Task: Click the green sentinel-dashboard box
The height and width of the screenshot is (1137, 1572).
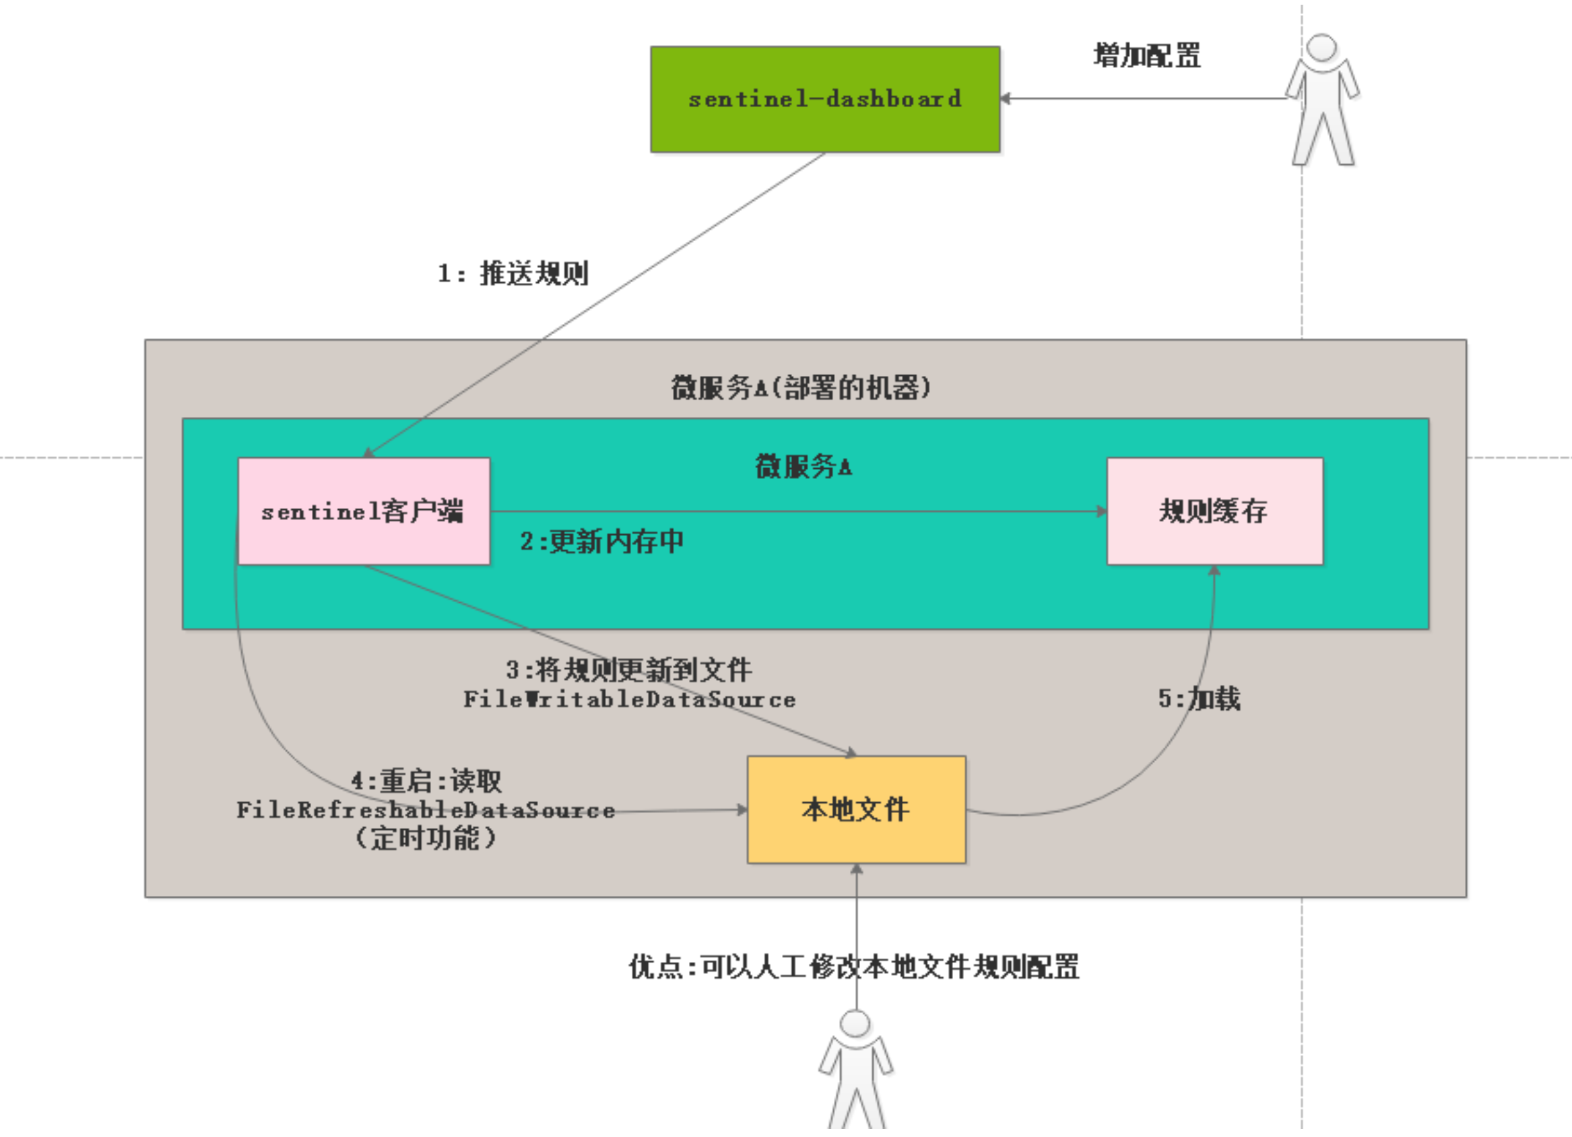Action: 825,99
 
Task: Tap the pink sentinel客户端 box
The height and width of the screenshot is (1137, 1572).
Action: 363,511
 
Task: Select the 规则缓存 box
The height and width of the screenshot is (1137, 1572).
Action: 1214,511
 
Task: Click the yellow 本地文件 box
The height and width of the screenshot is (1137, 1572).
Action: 856,809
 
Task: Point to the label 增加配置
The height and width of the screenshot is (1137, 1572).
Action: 1147,55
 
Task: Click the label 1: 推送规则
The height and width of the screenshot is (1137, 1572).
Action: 513,273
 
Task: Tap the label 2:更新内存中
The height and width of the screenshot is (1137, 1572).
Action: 601,542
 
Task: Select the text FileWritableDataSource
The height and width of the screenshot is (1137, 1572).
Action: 629,700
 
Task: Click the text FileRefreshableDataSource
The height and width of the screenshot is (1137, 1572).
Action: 426,810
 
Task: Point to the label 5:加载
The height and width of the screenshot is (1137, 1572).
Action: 1199,698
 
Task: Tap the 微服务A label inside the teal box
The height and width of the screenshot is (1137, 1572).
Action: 804,467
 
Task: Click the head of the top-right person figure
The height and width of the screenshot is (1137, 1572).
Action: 1321,48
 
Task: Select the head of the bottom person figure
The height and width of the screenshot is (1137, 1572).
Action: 855,1023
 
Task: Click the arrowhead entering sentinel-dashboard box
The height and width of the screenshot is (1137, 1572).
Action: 1006,98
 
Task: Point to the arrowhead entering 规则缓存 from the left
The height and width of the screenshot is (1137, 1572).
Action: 1102,511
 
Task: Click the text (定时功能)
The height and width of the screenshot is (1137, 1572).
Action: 426,838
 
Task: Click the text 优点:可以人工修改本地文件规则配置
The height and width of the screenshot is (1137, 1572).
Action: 854,967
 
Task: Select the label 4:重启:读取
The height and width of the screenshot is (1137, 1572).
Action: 426,781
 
